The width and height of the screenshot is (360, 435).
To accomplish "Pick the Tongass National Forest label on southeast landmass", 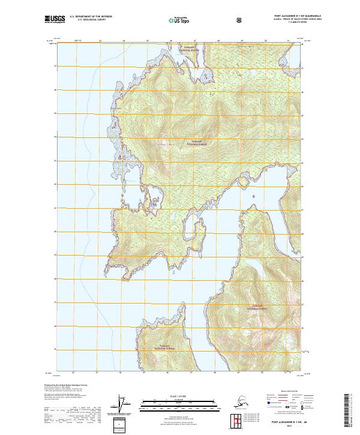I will [x=260, y=307].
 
